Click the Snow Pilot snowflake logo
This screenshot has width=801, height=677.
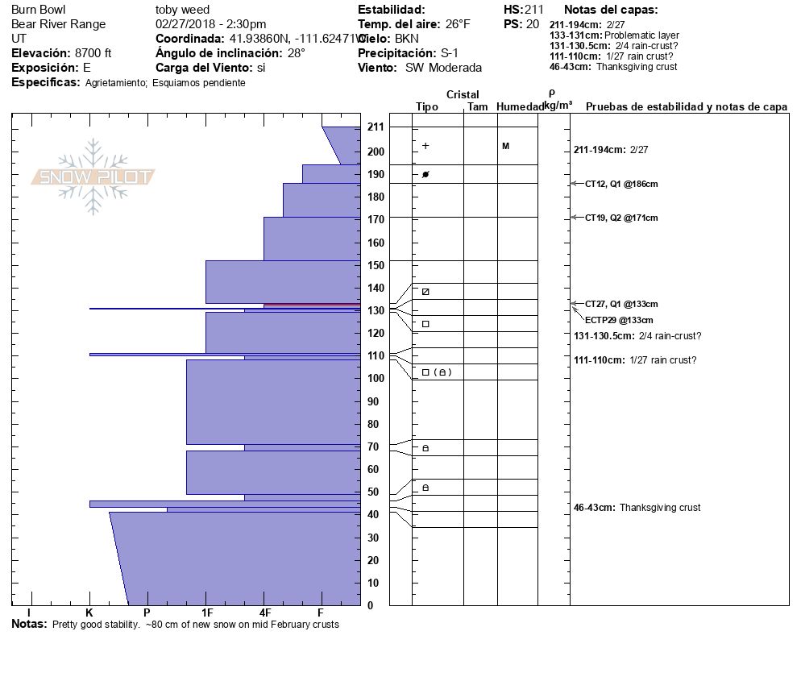[x=93, y=177]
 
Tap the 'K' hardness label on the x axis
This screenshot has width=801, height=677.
[x=89, y=613]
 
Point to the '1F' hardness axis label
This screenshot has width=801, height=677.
[x=207, y=613]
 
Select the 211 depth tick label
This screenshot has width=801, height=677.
[x=376, y=127]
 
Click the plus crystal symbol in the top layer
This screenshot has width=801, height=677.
[x=425, y=146]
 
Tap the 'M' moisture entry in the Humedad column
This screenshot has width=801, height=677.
[x=505, y=146]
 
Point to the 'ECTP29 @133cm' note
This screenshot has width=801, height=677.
[x=619, y=320]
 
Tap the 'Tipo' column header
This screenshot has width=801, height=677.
[x=427, y=107]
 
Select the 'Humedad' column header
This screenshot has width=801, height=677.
[x=520, y=107]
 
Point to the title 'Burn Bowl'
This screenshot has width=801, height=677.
[x=39, y=10]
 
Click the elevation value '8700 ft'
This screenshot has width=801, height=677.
[x=93, y=53]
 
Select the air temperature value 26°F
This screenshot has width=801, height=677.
[x=454, y=24]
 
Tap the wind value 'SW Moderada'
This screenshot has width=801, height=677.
[x=443, y=68]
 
